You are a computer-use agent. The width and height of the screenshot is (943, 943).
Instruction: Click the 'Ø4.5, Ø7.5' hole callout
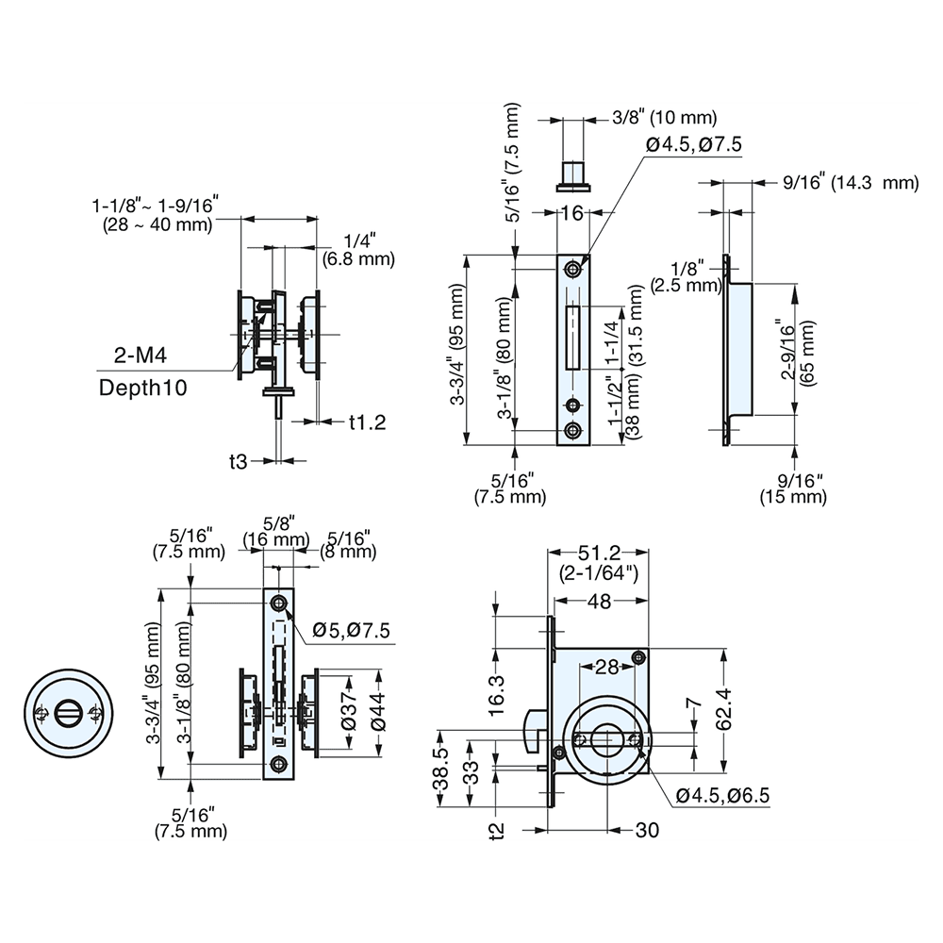695,143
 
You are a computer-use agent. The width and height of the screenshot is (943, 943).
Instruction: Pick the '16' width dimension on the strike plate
571,214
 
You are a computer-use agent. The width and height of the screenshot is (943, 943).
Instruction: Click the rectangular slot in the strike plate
571,337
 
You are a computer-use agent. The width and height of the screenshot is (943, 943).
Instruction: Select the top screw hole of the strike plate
572,270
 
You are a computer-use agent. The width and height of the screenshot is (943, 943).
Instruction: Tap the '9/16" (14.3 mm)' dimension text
850,183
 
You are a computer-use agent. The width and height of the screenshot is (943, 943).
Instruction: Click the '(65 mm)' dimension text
808,352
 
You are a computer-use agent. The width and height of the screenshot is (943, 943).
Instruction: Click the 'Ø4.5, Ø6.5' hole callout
724,795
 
